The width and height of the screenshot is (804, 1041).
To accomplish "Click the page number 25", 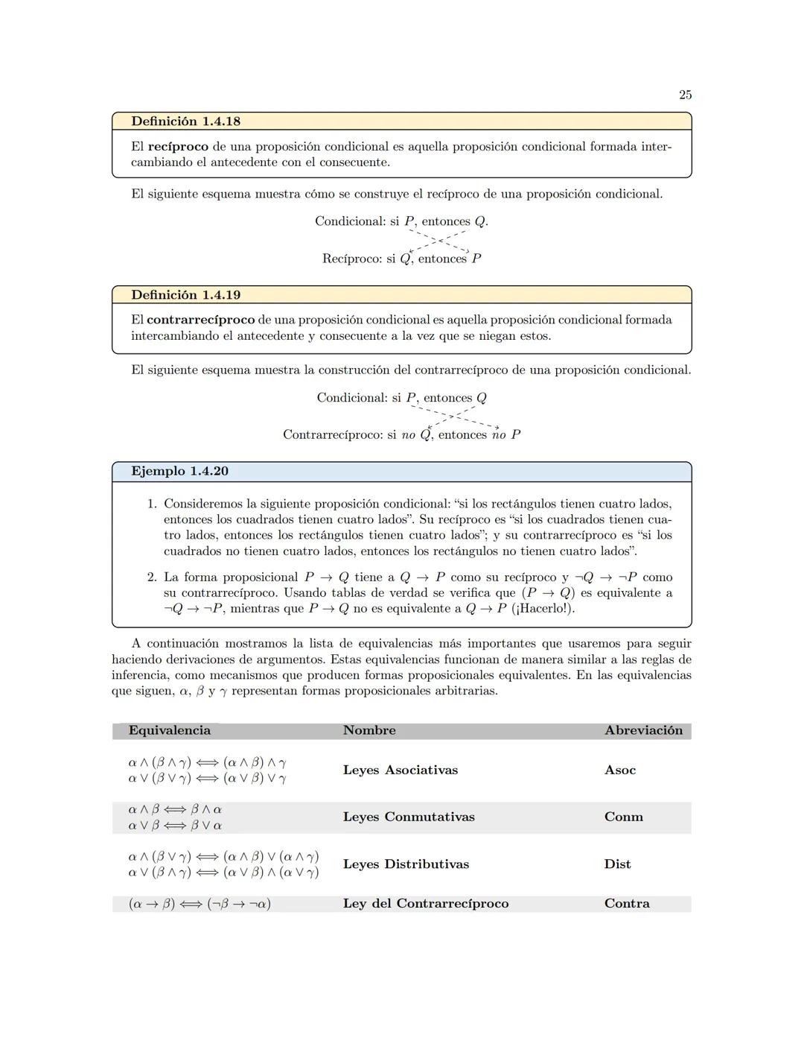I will (685, 95).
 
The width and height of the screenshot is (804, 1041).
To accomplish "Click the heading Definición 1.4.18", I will (185, 121).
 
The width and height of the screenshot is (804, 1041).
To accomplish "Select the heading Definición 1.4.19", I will (185, 294).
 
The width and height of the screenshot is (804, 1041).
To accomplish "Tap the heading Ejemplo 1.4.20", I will (179, 471).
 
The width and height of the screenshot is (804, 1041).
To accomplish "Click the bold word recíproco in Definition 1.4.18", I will (178, 146).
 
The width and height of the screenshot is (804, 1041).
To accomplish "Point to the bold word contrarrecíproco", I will (200, 320).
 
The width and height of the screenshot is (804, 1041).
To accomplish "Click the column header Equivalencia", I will (169, 730).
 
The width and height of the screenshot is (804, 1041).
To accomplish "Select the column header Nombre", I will (369, 730).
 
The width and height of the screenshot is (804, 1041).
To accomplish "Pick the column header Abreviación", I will (643, 730).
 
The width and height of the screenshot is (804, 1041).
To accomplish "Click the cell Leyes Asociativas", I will (400, 770).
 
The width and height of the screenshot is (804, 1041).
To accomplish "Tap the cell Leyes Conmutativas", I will (409, 817).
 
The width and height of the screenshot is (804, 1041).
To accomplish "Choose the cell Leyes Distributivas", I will (406, 864).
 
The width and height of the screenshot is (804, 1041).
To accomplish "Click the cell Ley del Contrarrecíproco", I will (426, 903).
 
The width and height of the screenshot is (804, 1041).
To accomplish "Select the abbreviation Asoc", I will (620, 770).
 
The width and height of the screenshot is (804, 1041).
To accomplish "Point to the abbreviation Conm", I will (623, 817).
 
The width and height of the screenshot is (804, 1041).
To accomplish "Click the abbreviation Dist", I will (617, 864).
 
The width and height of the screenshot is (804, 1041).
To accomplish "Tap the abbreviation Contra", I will (627, 903).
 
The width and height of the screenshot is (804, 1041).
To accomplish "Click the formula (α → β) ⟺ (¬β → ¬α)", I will (200, 904).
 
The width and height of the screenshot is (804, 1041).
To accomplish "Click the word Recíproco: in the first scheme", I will (351, 259).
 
